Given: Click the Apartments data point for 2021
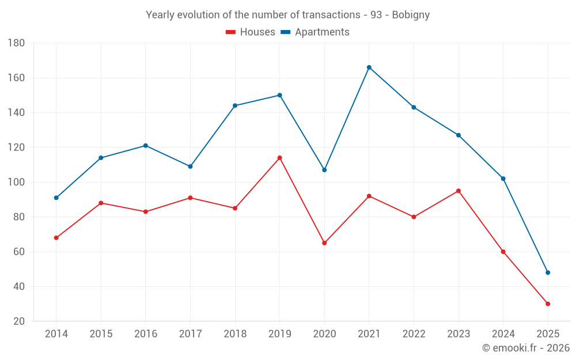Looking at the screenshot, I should [369, 67].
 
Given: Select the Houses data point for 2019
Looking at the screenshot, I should [280, 158].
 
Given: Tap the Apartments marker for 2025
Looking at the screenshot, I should [548, 272].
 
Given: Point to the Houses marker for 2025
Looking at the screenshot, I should [548, 304].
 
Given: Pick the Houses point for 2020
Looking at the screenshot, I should [324, 243].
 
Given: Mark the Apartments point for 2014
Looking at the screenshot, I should [56, 198].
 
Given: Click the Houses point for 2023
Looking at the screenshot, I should [458, 191].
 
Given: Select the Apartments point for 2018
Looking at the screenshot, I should [235, 105].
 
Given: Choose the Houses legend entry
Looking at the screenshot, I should [251, 32].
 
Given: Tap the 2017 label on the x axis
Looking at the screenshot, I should [190, 334].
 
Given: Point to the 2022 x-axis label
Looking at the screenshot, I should [414, 334].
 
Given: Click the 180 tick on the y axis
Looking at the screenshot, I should [16, 43].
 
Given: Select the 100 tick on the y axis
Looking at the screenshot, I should [16, 183].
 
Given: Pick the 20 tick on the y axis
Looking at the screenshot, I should [18, 321].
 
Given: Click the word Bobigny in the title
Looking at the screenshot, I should [411, 15].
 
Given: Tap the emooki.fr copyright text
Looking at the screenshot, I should [526, 348].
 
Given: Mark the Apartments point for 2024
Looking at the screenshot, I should [503, 179].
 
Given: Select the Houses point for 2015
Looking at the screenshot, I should [101, 203].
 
